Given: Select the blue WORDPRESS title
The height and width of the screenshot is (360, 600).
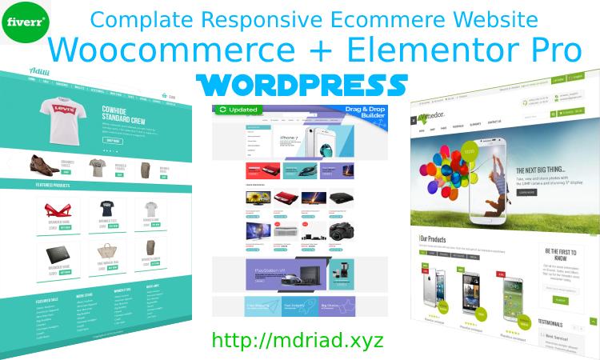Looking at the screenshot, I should click(300, 84).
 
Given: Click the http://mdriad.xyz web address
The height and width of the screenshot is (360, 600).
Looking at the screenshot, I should click(298, 340).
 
